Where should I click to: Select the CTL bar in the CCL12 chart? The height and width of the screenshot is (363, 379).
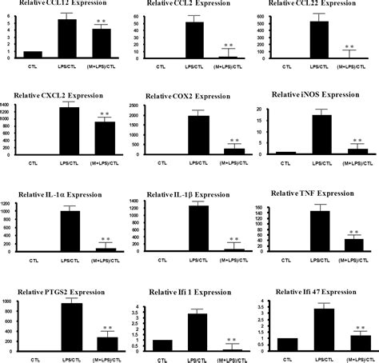pyautogui.click(x=32, y=55)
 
